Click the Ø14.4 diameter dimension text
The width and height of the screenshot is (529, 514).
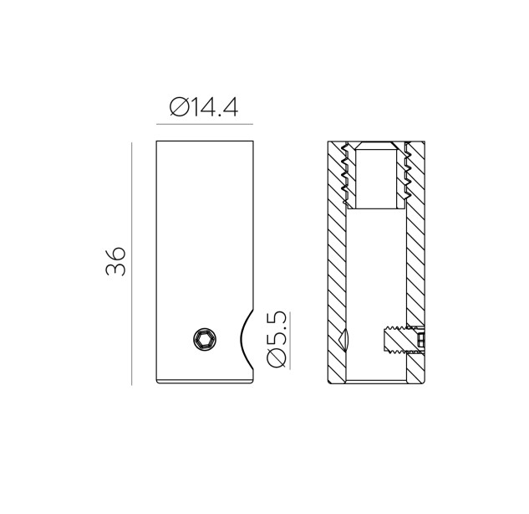204,107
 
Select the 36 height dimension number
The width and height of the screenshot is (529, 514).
115,261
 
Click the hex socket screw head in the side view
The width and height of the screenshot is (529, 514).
205,339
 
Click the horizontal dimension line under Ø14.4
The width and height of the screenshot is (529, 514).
205,125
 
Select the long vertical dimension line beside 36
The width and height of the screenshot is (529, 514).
131,264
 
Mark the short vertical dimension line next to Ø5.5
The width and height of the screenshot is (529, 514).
290,341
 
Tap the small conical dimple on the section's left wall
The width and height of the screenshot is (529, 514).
344,339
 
